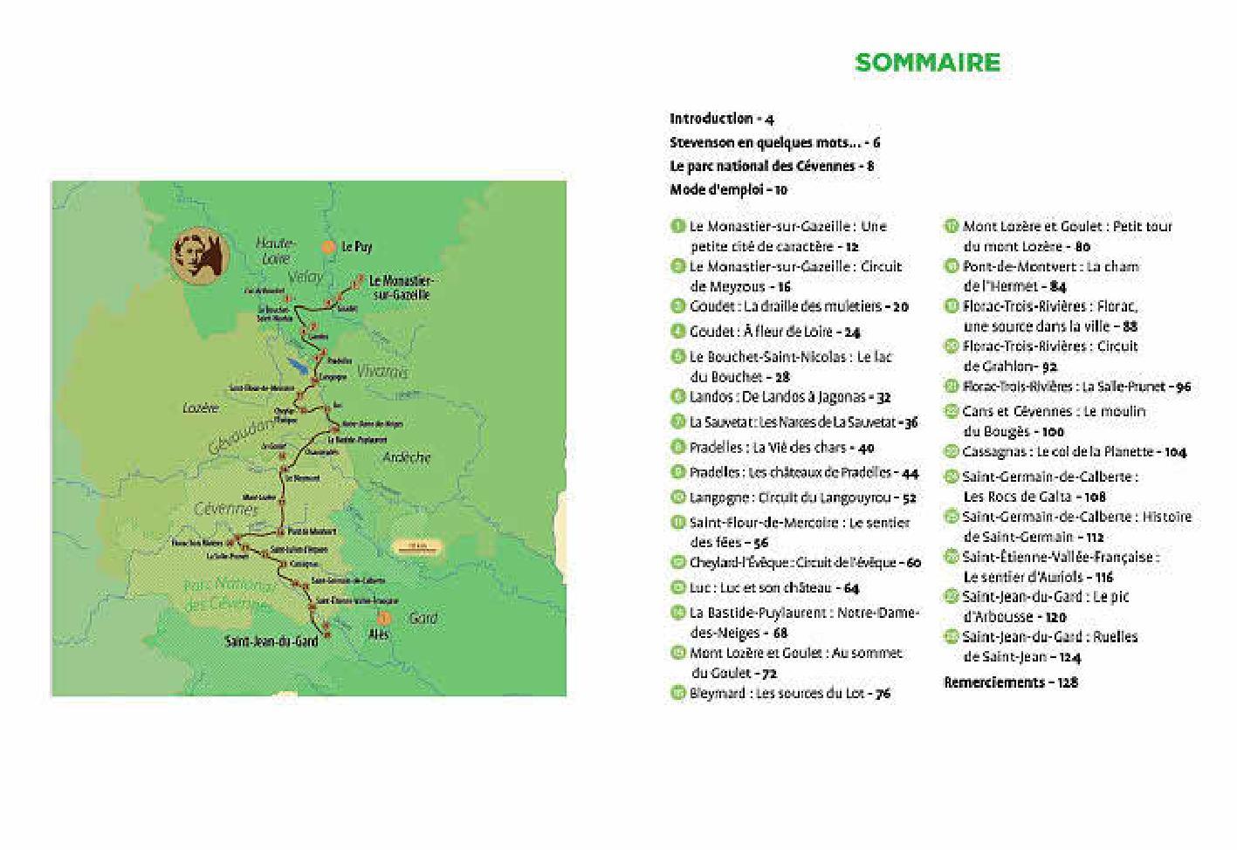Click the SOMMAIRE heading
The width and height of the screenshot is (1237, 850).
[927, 63]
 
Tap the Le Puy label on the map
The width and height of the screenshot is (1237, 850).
[356, 247]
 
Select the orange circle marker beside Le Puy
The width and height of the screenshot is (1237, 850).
[328, 247]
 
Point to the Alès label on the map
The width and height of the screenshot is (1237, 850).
[379, 634]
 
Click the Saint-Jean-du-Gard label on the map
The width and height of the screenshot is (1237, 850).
[271, 641]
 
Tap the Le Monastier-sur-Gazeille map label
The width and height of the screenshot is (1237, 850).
[401, 288]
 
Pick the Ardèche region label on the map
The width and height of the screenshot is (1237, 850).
[407, 456]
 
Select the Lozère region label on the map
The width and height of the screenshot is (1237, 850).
[201, 408]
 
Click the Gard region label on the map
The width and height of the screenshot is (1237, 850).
[423, 618]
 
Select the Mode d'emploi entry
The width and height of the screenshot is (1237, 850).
[728, 189]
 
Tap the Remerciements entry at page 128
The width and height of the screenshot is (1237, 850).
[1010, 682]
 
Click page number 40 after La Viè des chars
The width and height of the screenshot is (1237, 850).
[866, 449]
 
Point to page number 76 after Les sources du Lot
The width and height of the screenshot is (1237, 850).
[882, 694]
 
